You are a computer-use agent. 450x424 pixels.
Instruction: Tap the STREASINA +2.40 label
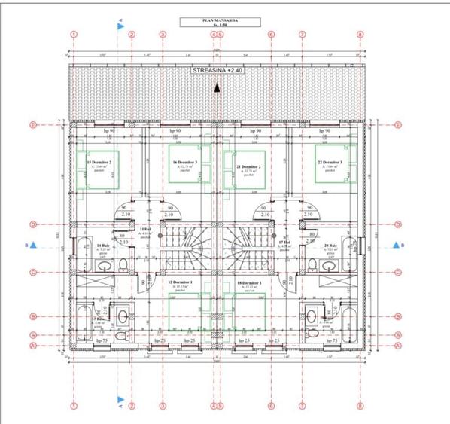pyautogui.click(x=216, y=69)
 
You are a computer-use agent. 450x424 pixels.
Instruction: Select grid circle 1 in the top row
pyautogui.click(x=74, y=35)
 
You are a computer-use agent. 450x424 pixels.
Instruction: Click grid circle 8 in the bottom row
pyautogui.click(x=360, y=406)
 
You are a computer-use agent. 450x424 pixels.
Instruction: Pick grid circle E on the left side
pyautogui.click(x=33, y=125)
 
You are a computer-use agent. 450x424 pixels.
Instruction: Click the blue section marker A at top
pyautogui.click(x=120, y=26)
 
